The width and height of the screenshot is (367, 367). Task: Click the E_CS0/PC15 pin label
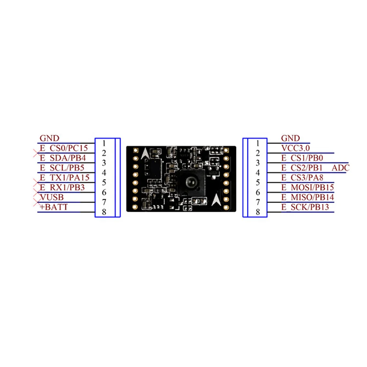click(63, 148)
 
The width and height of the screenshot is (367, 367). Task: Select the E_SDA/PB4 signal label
click(62, 158)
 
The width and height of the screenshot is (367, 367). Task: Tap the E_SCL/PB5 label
click(62, 168)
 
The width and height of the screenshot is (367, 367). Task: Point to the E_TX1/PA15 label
click(64, 178)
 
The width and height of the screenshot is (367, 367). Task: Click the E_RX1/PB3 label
click(62, 188)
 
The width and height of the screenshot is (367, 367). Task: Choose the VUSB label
click(51, 198)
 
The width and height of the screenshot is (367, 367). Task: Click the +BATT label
click(54, 208)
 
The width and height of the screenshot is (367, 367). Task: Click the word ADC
click(340, 168)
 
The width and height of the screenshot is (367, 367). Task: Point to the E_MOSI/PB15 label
click(308, 188)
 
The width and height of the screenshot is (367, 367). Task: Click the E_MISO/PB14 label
click(308, 198)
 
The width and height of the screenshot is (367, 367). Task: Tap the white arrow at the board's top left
click(145, 153)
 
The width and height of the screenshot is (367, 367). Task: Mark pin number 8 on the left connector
click(104, 212)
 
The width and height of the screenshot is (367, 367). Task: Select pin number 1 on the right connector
click(258, 143)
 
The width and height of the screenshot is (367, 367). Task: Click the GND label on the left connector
click(49, 138)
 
